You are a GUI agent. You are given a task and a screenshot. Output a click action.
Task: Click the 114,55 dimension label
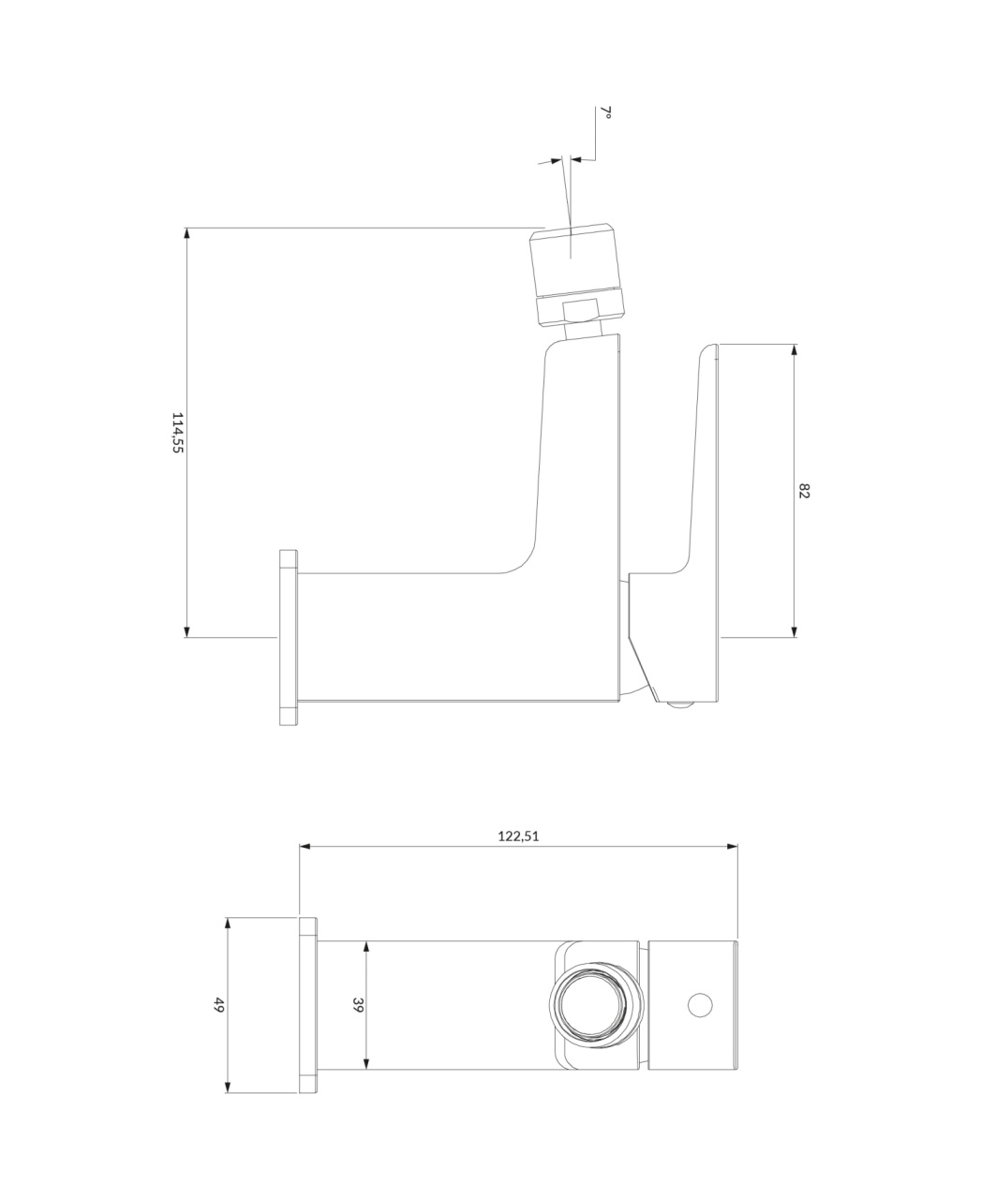tap(178, 433)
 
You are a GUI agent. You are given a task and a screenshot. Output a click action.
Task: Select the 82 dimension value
tap(804, 491)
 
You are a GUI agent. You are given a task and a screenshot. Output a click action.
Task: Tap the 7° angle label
tap(606, 112)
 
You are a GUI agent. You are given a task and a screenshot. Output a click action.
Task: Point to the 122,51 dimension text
tap(518, 836)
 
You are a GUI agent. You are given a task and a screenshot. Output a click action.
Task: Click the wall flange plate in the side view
tap(289, 637)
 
